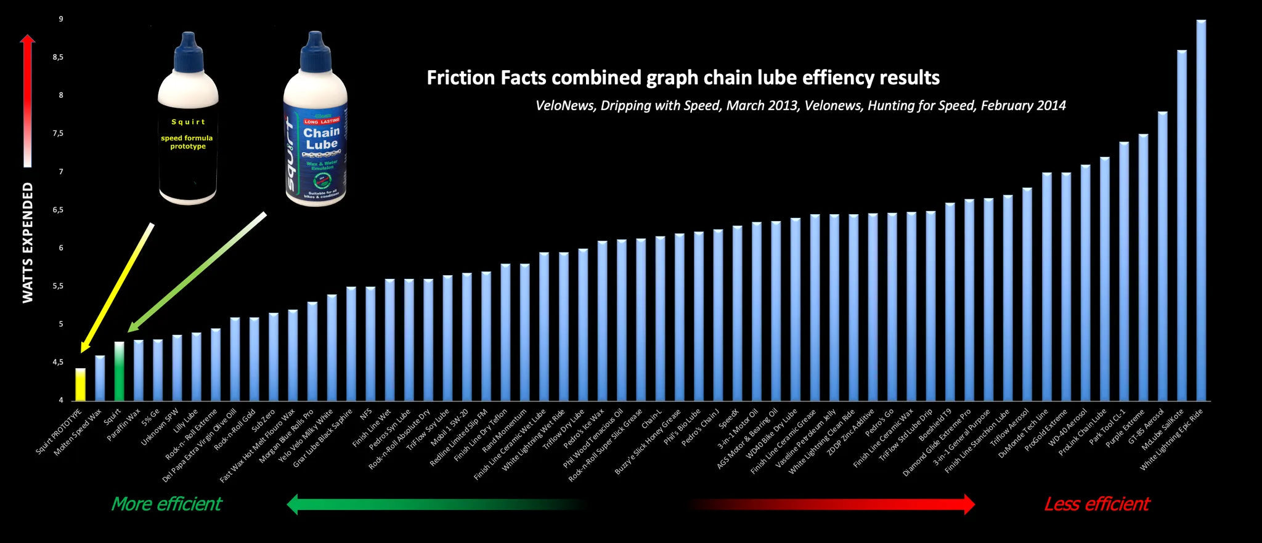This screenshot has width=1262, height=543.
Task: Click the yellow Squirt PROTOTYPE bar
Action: point(80,384)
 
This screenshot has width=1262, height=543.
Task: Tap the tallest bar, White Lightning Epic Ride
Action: point(1200,209)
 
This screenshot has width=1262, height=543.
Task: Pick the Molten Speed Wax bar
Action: point(99,378)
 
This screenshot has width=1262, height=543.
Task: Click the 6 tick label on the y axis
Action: point(61,248)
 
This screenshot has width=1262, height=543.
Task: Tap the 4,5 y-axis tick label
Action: point(58,363)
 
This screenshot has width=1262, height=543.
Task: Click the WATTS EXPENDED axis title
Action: point(28,243)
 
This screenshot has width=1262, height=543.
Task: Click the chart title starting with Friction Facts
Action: point(683,78)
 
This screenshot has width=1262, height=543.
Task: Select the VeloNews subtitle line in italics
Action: point(800,106)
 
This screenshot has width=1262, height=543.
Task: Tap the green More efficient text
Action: point(166,504)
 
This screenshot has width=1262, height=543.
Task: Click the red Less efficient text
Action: point(1096,504)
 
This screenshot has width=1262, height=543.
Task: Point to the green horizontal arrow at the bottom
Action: point(431,504)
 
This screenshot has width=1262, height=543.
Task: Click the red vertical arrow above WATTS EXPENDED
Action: point(27,99)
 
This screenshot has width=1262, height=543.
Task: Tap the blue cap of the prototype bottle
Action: point(188,52)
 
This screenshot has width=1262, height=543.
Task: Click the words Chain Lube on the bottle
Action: point(321,139)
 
